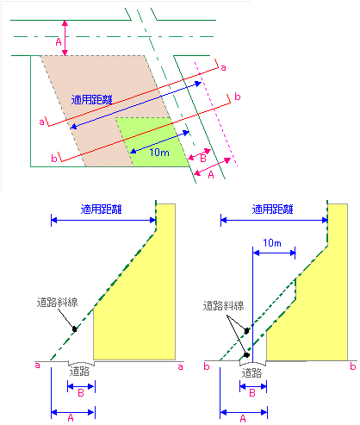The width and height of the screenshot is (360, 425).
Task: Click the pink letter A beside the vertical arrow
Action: [x=59, y=42]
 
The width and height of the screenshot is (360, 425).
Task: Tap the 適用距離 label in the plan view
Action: [x=91, y=100]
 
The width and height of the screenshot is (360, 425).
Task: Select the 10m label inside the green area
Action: [x=159, y=153]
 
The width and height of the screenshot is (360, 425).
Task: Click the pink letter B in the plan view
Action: [x=203, y=158]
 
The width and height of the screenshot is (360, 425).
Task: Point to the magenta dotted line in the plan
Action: [x=216, y=114]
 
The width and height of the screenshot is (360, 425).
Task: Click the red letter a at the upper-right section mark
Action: [x=223, y=68]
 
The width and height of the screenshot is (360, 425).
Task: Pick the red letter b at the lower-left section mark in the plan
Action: [x=54, y=158]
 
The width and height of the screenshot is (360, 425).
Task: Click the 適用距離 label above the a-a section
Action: [x=101, y=209]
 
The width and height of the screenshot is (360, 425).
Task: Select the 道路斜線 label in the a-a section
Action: [x=57, y=303]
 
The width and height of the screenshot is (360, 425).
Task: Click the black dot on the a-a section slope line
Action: [x=75, y=328]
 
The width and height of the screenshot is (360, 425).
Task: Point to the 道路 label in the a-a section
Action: [x=79, y=372]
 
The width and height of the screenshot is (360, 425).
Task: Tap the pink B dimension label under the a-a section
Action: [x=81, y=393]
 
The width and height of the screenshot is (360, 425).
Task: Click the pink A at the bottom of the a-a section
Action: [x=71, y=418]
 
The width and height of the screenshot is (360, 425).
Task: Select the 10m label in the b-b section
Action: [x=272, y=243]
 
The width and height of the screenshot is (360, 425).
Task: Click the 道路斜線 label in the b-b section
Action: [x=223, y=306]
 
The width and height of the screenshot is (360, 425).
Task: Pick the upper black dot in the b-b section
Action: [x=246, y=331]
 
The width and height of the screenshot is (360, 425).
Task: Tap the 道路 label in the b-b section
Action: [x=251, y=373]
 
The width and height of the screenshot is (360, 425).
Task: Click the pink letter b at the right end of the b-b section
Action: [x=353, y=366]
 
